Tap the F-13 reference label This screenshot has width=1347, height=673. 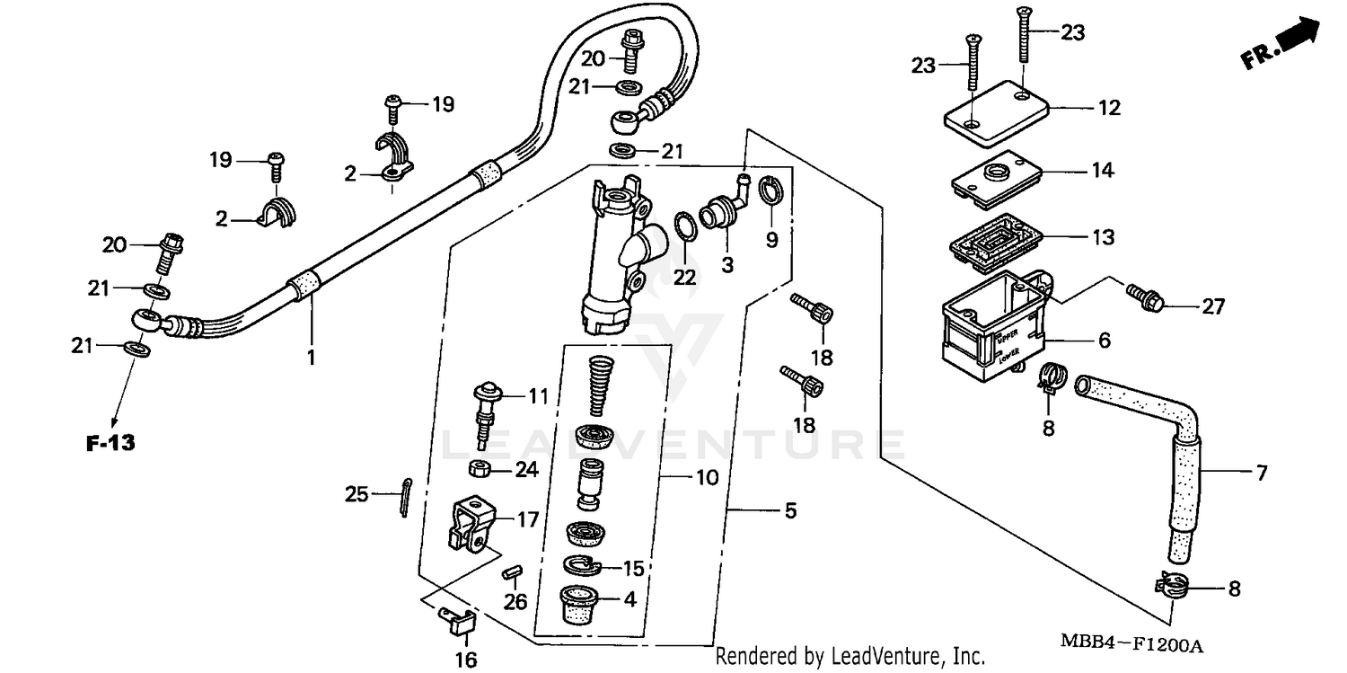110,442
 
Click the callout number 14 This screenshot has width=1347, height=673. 1102,170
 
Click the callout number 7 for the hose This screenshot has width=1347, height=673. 1261,473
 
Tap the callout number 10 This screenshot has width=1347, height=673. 707,477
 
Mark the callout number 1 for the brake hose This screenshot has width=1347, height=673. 311,358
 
